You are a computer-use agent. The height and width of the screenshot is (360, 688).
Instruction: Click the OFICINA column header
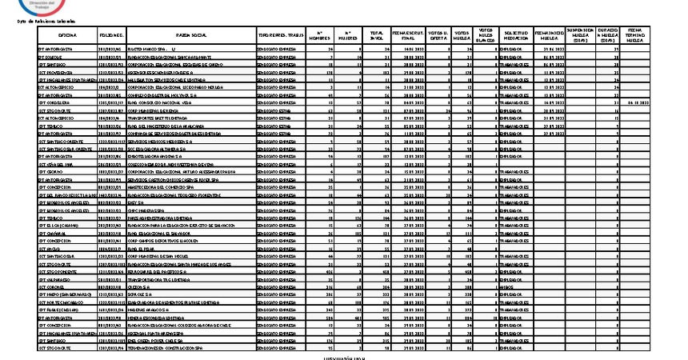click(x=66, y=36)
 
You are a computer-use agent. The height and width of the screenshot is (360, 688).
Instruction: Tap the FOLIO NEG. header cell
click(x=110, y=36)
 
